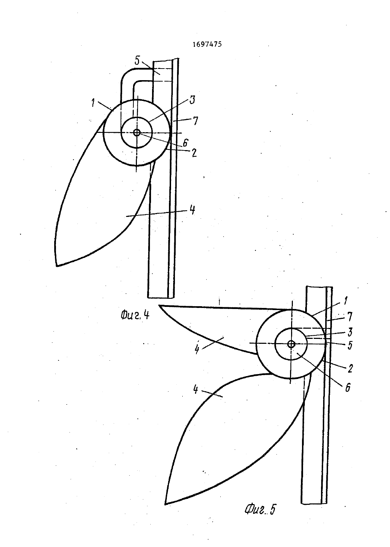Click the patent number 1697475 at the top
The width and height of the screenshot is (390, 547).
(x=207, y=44)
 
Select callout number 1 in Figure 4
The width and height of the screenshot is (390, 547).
(x=93, y=103)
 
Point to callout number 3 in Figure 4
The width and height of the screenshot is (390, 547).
(x=193, y=100)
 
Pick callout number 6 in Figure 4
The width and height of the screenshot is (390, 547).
(x=185, y=143)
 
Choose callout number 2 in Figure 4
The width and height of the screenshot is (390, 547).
(x=194, y=153)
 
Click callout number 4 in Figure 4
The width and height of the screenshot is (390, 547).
(x=193, y=210)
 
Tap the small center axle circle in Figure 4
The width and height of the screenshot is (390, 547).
(x=137, y=133)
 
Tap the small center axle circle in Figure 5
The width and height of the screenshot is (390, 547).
(x=291, y=344)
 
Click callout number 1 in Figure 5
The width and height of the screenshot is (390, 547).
(x=345, y=301)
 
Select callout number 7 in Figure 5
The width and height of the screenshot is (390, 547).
(x=350, y=317)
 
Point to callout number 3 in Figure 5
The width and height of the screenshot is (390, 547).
(x=350, y=332)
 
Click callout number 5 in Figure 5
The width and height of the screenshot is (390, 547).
(x=350, y=345)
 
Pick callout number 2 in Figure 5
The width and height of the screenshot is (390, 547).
(x=350, y=368)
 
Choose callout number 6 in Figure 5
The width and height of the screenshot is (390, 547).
(x=348, y=387)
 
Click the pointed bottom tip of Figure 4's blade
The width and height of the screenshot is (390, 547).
(x=57, y=266)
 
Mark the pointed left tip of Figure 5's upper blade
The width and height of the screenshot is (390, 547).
(x=159, y=305)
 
